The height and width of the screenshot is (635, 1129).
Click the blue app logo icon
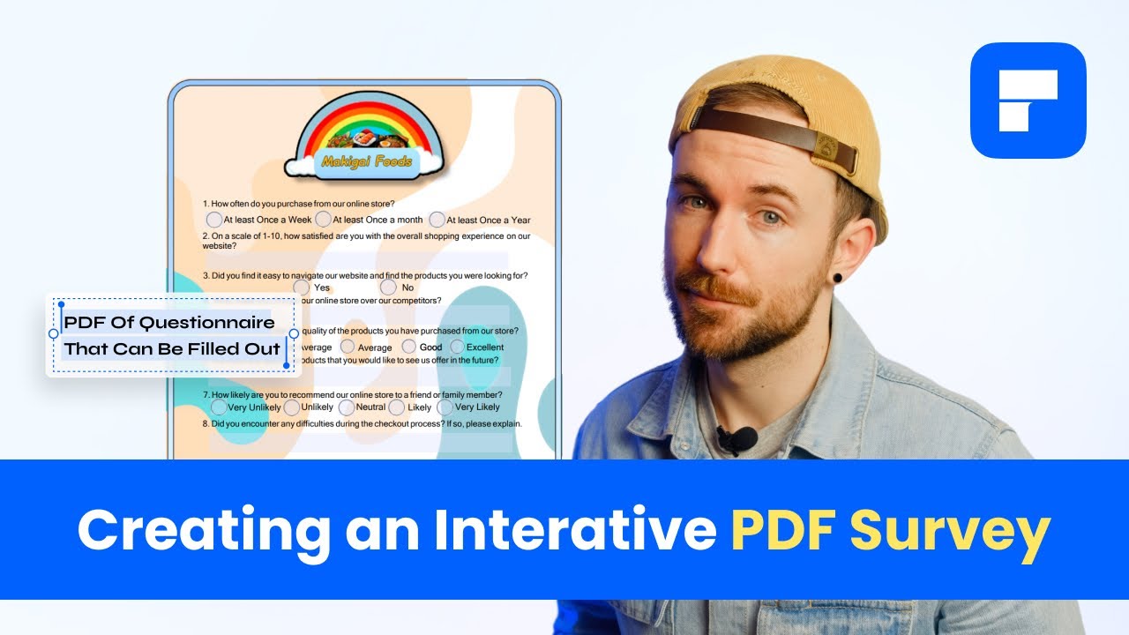1028,100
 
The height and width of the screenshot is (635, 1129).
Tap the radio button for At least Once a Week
214,220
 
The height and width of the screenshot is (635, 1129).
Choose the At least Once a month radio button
324,220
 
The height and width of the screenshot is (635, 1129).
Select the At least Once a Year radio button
437,220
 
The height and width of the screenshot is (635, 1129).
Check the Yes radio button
302,288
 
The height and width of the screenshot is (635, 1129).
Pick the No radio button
388,288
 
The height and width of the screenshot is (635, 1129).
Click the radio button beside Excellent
457,347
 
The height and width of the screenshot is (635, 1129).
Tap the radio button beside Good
409,347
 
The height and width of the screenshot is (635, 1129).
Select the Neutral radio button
347,407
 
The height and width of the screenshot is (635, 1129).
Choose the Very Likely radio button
445,407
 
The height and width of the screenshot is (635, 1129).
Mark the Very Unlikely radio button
219,407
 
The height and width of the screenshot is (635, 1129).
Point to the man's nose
723,243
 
